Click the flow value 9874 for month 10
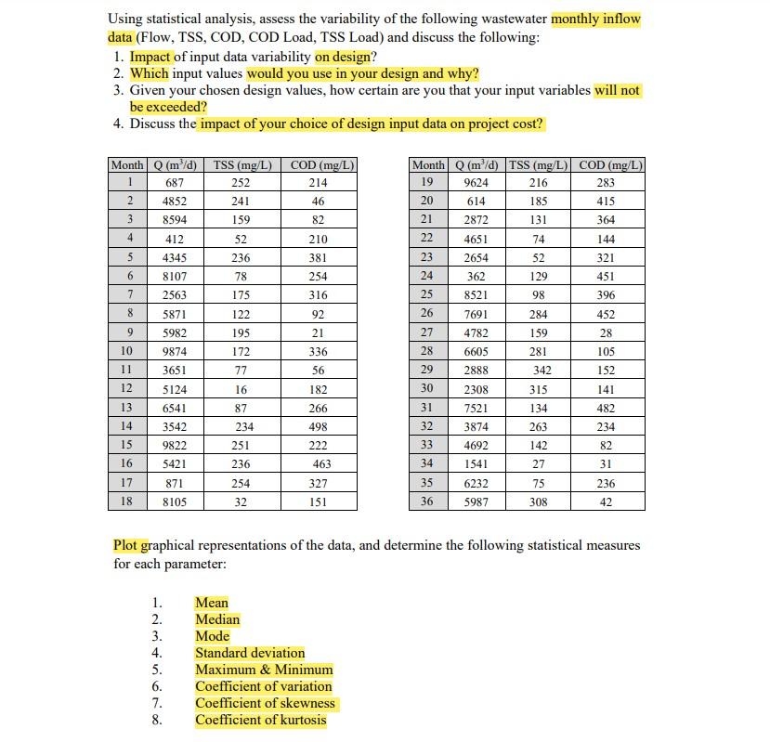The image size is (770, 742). [x=175, y=352]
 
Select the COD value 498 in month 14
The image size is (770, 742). [x=319, y=427]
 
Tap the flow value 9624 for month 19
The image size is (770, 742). [x=476, y=183]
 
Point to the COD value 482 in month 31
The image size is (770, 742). [x=606, y=409]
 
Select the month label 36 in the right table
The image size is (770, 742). [x=427, y=502]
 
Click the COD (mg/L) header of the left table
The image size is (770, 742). [x=321, y=165]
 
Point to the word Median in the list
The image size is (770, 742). [x=217, y=619]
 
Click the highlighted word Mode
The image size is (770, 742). [x=212, y=636]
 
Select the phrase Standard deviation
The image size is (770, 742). [x=250, y=653]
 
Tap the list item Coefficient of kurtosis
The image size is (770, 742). [x=261, y=720]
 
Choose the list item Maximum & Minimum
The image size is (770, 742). [x=264, y=670]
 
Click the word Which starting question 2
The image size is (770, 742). [x=150, y=73]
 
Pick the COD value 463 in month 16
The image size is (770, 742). [x=322, y=464]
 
